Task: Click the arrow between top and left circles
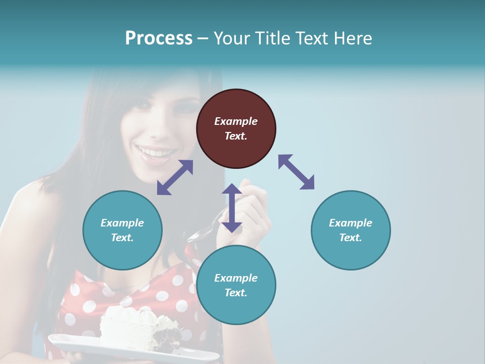point(175,177)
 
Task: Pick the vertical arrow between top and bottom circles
point(232,208)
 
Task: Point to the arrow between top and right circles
point(297,172)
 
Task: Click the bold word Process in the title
point(159,38)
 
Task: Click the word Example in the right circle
point(351,223)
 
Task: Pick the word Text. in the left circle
point(122,238)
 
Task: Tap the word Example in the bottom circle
point(236,278)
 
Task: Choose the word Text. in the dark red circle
point(236,136)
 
